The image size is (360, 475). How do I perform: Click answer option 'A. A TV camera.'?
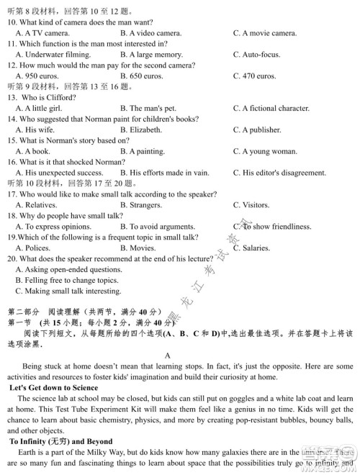point(42,33)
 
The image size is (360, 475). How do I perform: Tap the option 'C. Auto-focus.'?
point(257,54)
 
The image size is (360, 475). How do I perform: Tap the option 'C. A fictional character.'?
point(271,108)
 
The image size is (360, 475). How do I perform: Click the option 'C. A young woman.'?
point(265,151)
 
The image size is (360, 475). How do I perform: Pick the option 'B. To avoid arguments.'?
point(158,226)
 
